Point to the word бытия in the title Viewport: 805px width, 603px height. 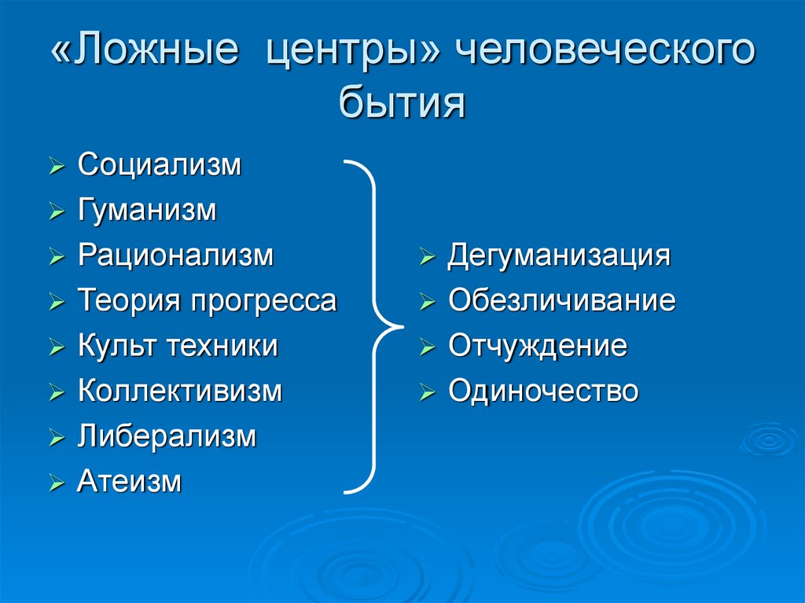coord(402,103)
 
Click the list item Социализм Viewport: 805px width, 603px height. coord(160,166)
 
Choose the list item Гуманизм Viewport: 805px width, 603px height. coord(147,211)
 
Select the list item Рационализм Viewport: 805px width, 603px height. coord(176,256)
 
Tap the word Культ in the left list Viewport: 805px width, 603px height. coord(110,346)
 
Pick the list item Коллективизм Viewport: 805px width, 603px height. coord(180,391)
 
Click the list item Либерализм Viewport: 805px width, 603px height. coord(167,436)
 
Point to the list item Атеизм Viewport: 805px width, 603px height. coord(130,481)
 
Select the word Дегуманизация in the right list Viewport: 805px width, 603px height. coord(559,256)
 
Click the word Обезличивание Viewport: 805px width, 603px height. coord(562,301)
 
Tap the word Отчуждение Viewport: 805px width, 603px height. coord(538,346)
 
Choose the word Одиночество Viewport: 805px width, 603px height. coord(543,391)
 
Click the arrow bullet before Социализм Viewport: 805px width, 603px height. coord(56,167)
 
